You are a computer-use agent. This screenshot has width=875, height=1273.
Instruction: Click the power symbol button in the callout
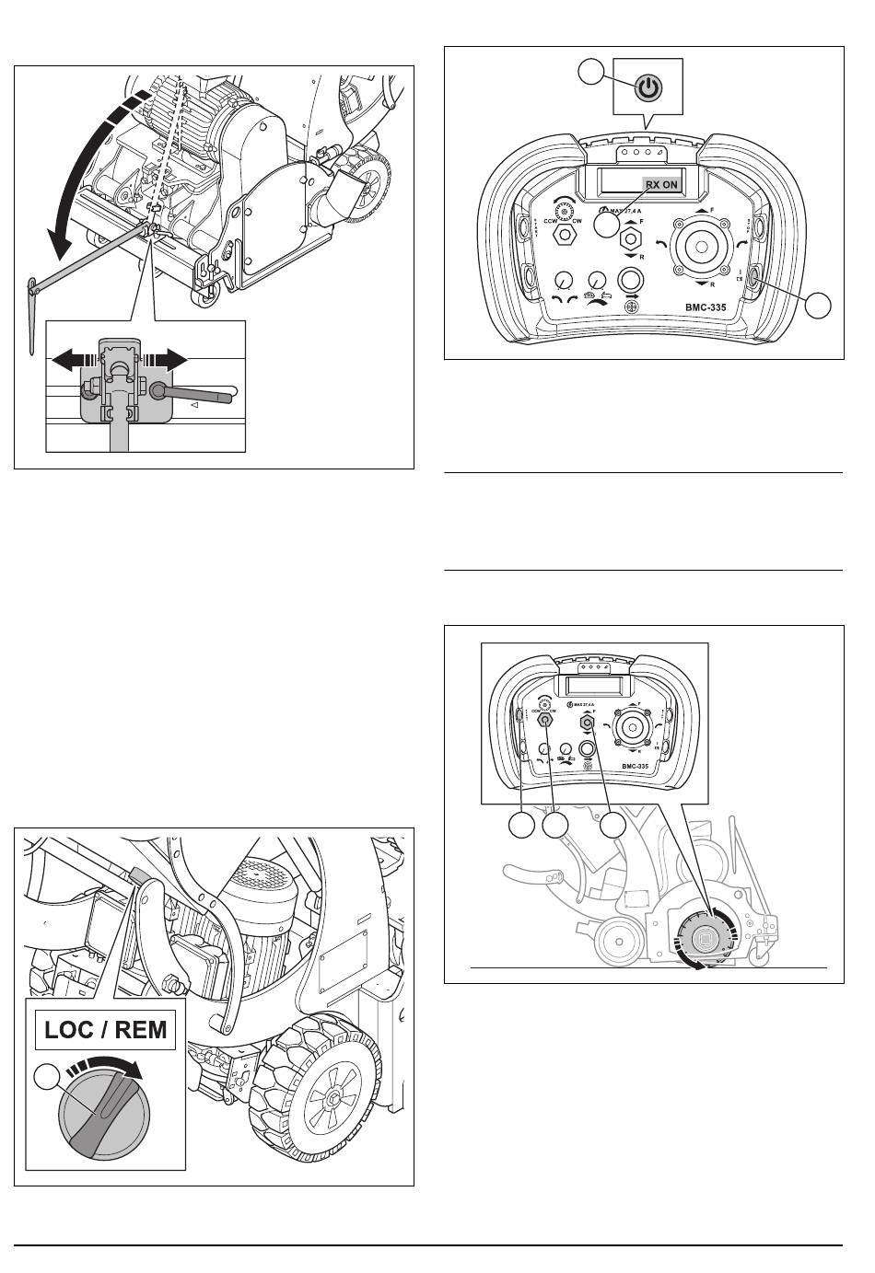pos(649,87)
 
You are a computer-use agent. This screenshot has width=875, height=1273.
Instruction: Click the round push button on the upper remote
pos(628,277)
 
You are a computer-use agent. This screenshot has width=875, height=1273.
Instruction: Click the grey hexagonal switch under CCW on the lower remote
pos(545,723)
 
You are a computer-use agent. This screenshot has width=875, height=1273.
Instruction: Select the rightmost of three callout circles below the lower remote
pos(614,826)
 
